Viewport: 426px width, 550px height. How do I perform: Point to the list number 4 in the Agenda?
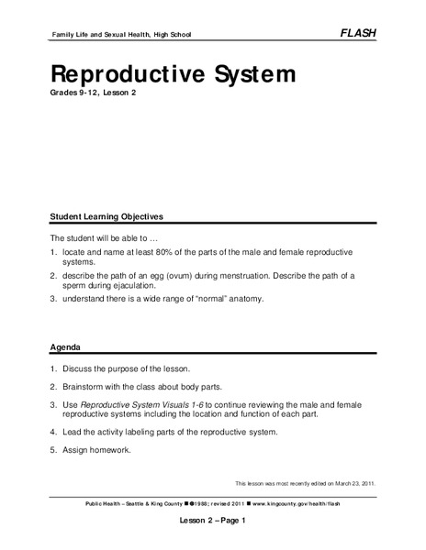coord(53,432)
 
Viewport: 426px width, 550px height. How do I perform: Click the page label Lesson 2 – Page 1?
coord(212,520)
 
